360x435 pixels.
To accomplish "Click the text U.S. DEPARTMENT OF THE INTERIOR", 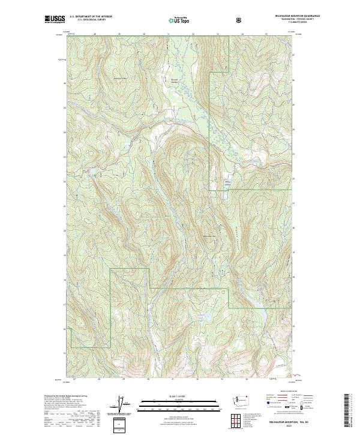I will (91, 17).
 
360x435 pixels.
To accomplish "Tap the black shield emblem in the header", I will (241, 20).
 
